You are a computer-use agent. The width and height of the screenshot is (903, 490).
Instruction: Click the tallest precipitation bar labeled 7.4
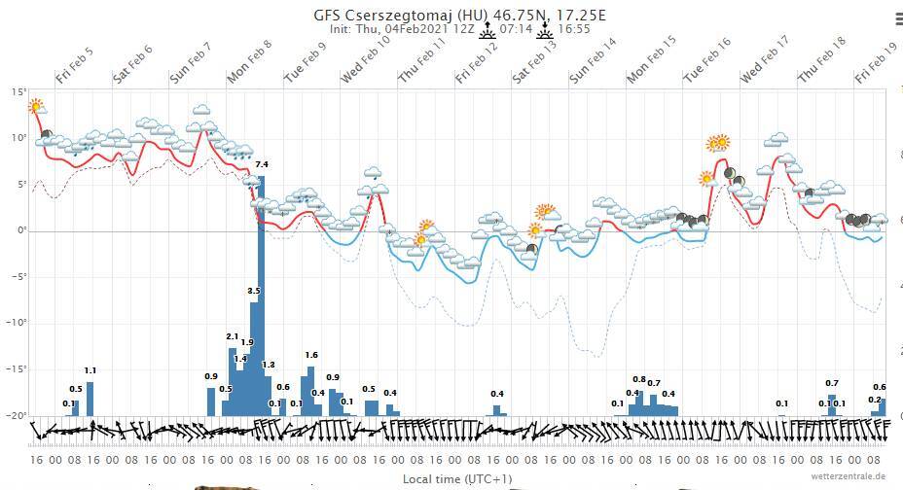(261, 292)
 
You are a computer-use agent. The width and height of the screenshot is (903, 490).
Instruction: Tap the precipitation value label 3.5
(254, 291)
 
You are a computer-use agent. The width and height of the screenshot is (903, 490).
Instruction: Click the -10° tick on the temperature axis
(18, 324)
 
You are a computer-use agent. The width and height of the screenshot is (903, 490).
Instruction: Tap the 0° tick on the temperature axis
(20, 230)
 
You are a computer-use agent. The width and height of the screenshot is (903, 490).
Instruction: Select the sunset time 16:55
(574, 29)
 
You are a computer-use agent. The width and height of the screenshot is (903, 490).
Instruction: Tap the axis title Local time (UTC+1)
(456, 479)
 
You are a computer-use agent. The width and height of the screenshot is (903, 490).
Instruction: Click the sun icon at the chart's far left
(36, 106)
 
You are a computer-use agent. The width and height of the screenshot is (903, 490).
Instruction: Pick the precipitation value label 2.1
(232, 336)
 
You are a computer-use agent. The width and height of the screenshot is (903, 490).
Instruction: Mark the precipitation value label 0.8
(639, 379)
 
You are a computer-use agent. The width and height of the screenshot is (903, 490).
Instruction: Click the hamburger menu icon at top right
(896, 18)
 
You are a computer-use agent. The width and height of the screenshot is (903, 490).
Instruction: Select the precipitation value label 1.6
(311, 356)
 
